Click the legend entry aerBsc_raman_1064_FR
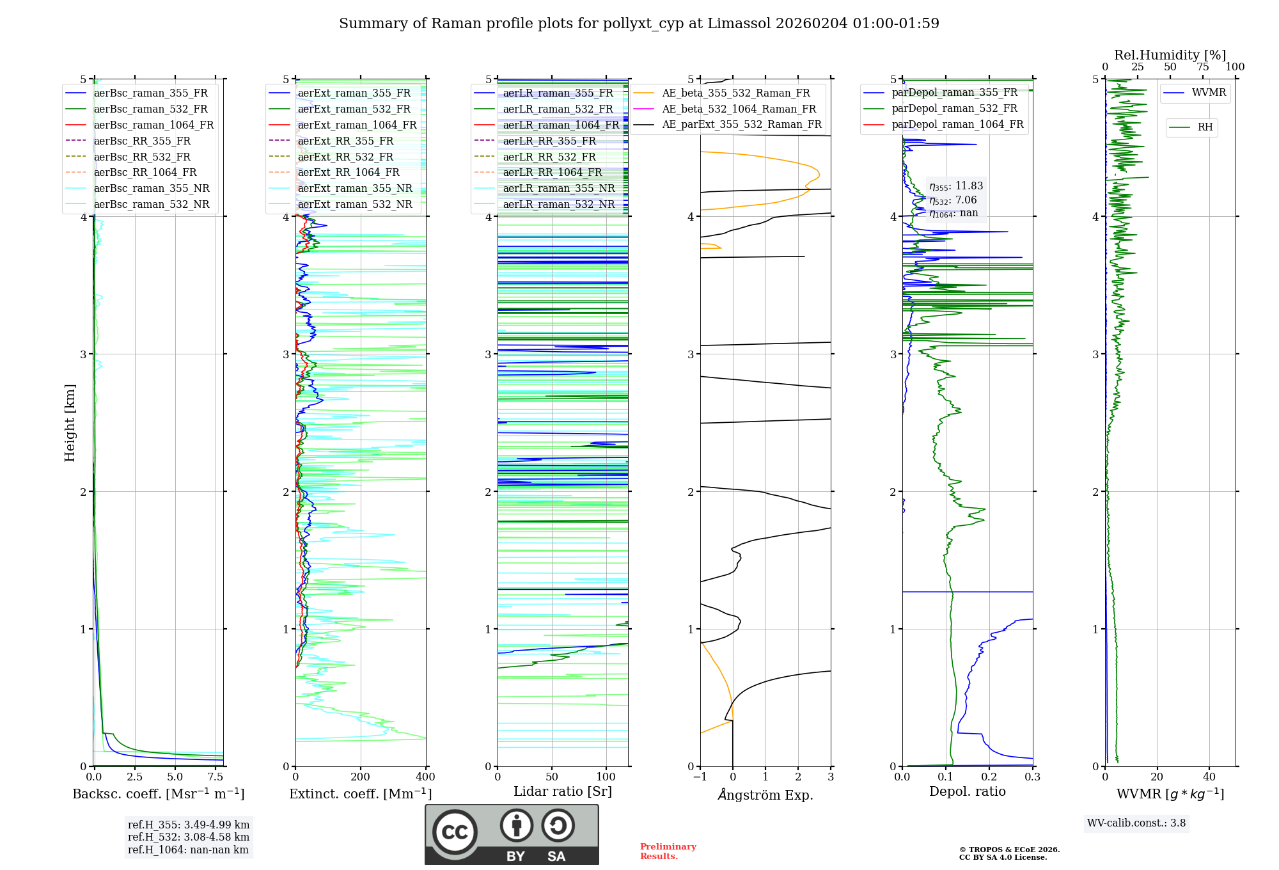tap(153, 125)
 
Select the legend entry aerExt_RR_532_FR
tap(345, 157)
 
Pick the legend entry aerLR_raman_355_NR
tap(558, 189)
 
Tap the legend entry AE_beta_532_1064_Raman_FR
tap(739, 109)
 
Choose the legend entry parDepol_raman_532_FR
tap(954, 109)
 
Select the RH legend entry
tap(1205, 127)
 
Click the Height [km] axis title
tap(70, 423)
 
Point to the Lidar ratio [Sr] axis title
tap(563, 792)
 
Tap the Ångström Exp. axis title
tap(765, 795)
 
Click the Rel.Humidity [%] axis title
tap(1170, 55)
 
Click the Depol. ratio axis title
tap(967, 792)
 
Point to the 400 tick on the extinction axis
tap(425, 777)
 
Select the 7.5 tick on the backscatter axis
tap(216, 777)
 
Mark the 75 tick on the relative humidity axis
tap(1202, 67)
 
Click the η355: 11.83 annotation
tap(956, 186)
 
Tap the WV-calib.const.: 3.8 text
tap(1136, 823)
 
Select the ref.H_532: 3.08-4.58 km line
tap(189, 837)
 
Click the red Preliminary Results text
tap(668, 851)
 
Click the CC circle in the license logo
tap(455, 832)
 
